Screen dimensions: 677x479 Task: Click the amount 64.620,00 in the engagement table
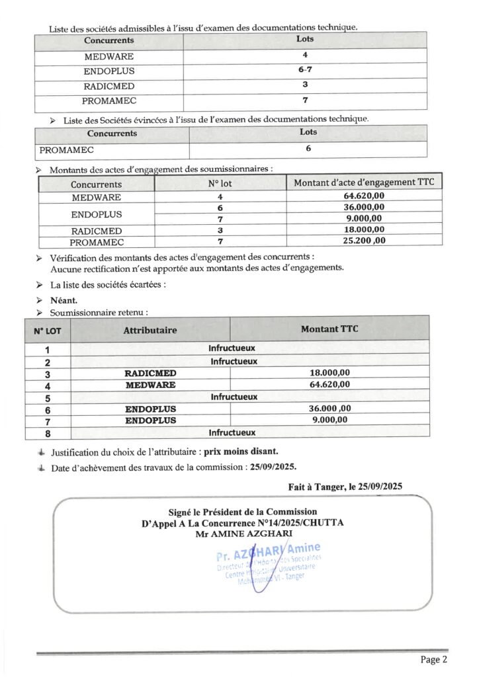point(364,196)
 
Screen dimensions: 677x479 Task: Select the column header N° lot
point(220,184)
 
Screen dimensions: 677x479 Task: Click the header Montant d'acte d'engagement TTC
point(364,182)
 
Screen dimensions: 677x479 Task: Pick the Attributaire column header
point(150,330)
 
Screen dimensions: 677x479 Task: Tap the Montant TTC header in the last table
point(329,329)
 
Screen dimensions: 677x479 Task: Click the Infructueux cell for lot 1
point(232,348)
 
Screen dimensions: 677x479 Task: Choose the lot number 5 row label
point(48,399)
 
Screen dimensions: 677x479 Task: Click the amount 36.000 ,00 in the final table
point(330,409)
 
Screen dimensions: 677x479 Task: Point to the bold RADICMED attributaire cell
point(150,374)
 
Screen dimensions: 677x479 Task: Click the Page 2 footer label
point(434,659)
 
